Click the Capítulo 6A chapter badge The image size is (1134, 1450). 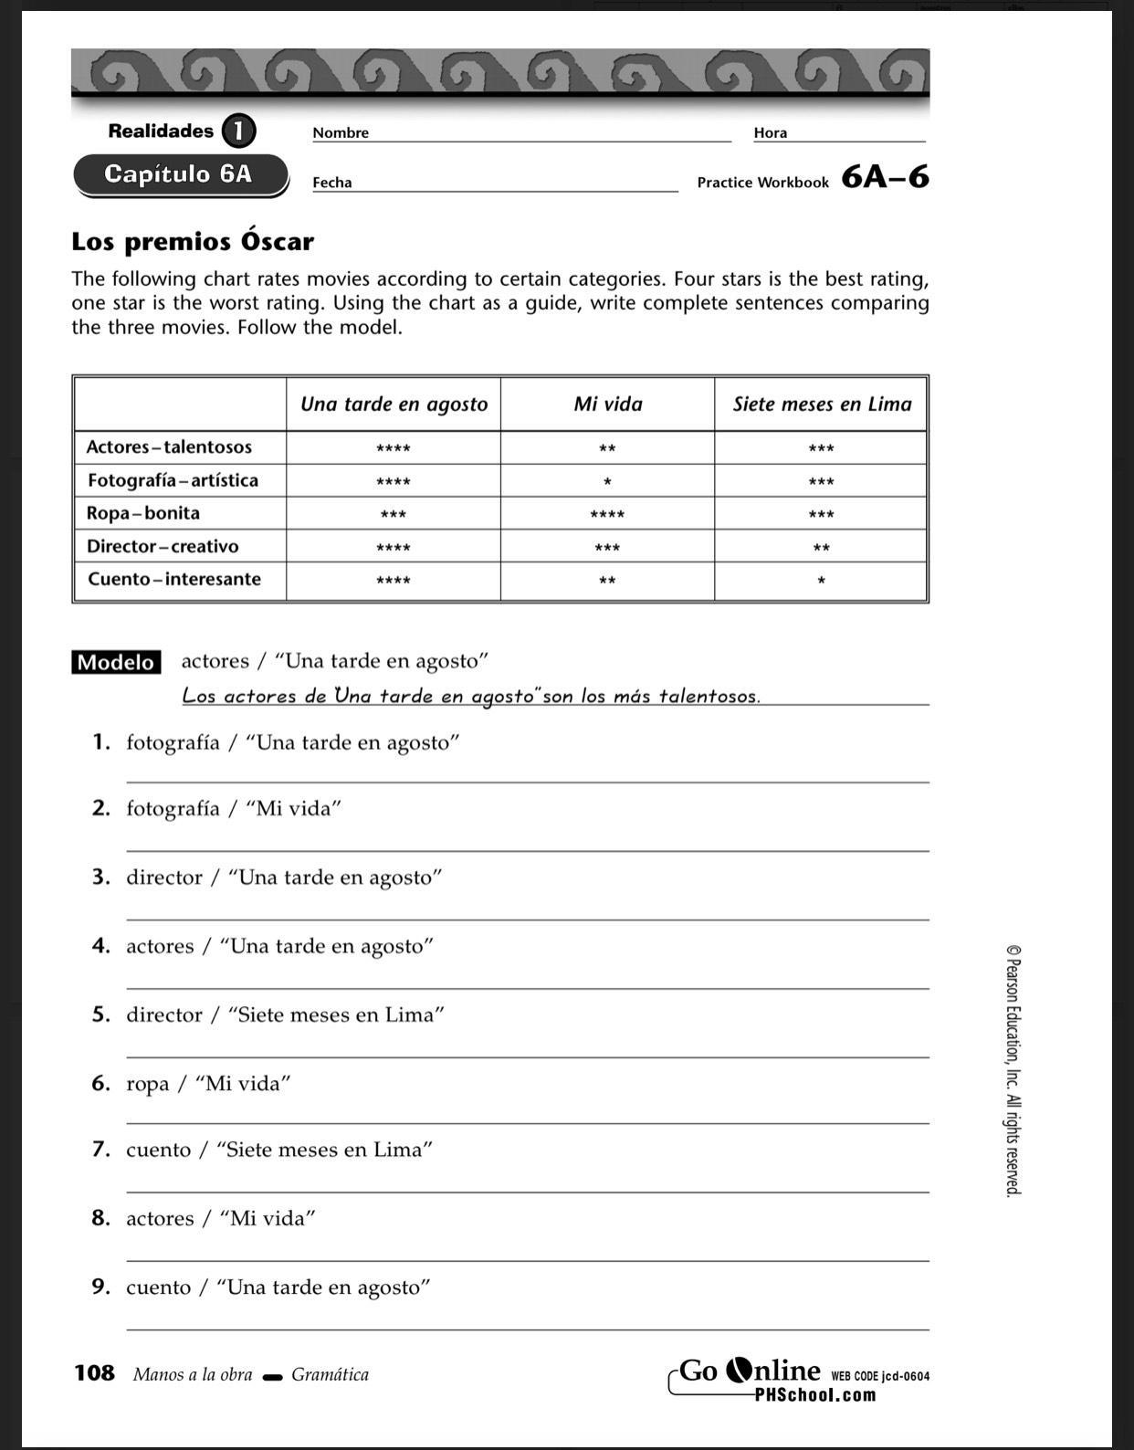(179, 174)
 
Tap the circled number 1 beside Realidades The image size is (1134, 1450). (237, 131)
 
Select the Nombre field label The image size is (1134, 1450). (341, 132)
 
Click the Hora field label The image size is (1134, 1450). (770, 132)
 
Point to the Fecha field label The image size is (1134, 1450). (332, 183)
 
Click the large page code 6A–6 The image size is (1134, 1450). (885, 176)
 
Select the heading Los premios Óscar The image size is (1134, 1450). (193, 242)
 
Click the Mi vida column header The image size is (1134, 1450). (607, 404)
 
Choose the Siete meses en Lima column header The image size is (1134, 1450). (822, 404)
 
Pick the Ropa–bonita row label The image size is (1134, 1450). (143, 513)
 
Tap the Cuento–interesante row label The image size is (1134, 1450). (174, 579)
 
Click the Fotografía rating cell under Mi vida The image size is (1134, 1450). (607, 481)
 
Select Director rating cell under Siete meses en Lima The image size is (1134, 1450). (821, 548)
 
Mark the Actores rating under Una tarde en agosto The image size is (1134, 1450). (394, 448)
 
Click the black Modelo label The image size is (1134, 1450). (116, 662)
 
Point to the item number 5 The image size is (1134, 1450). (100, 1014)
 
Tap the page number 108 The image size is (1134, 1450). (94, 1373)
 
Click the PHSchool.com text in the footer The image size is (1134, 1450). (814, 1395)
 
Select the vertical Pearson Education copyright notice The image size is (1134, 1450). (1013, 1070)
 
